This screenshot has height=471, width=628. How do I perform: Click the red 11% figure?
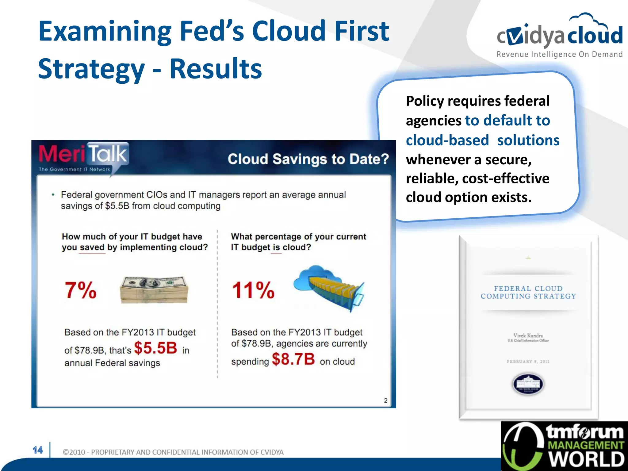[253, 290]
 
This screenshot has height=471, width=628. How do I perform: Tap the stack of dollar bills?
[154, 289]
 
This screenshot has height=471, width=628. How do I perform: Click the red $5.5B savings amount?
[155, 348]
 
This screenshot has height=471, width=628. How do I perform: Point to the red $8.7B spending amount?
[293, 359]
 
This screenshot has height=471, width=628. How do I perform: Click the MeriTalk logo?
[83, 157]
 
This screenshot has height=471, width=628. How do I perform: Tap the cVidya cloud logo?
[559, 34]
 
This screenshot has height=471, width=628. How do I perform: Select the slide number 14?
[38, 450]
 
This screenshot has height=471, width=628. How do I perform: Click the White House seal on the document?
[528, 384]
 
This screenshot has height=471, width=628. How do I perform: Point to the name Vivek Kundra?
[528, 335]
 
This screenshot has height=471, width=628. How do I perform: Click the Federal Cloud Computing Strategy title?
[528, 292]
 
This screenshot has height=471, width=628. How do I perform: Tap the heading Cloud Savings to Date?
[308, 159]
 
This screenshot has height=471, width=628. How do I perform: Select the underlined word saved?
[92, 247]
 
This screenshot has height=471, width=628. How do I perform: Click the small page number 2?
[385, 400]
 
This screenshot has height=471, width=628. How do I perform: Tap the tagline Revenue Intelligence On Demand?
[559, 55]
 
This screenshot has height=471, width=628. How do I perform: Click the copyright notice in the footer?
[173, 452]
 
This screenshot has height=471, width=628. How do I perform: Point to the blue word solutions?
[528, 140]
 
